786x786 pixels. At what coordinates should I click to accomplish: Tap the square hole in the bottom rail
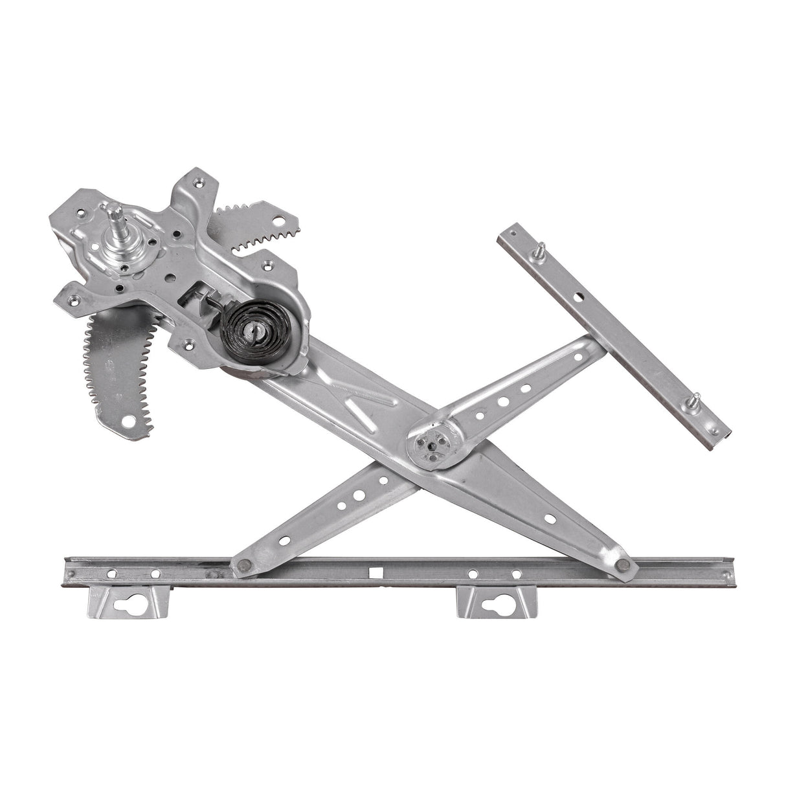point(374,572)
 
